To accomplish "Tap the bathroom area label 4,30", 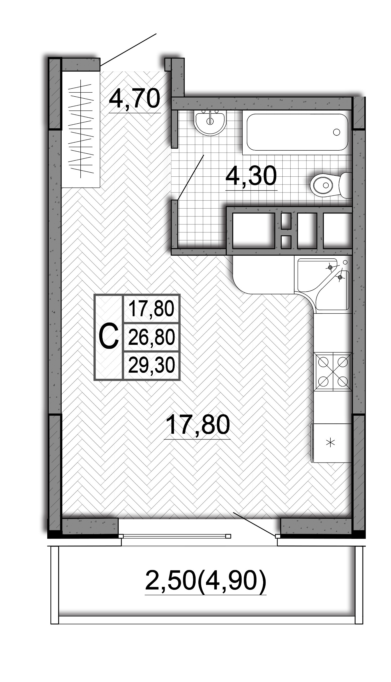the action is (251, 176).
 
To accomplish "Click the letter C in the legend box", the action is (109, 337).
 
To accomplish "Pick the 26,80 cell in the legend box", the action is (151, 337).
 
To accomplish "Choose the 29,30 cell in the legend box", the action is (151, 365).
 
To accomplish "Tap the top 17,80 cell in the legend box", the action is (151, 309).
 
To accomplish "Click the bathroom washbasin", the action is (210, 123).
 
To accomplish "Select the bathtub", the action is (297, 132).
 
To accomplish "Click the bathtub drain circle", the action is (337, 132).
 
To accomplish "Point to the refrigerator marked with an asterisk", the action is (331, 443).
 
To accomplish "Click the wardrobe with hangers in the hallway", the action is (81, 129).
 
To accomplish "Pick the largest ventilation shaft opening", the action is (253, 231).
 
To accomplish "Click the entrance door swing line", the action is (128, 50).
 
